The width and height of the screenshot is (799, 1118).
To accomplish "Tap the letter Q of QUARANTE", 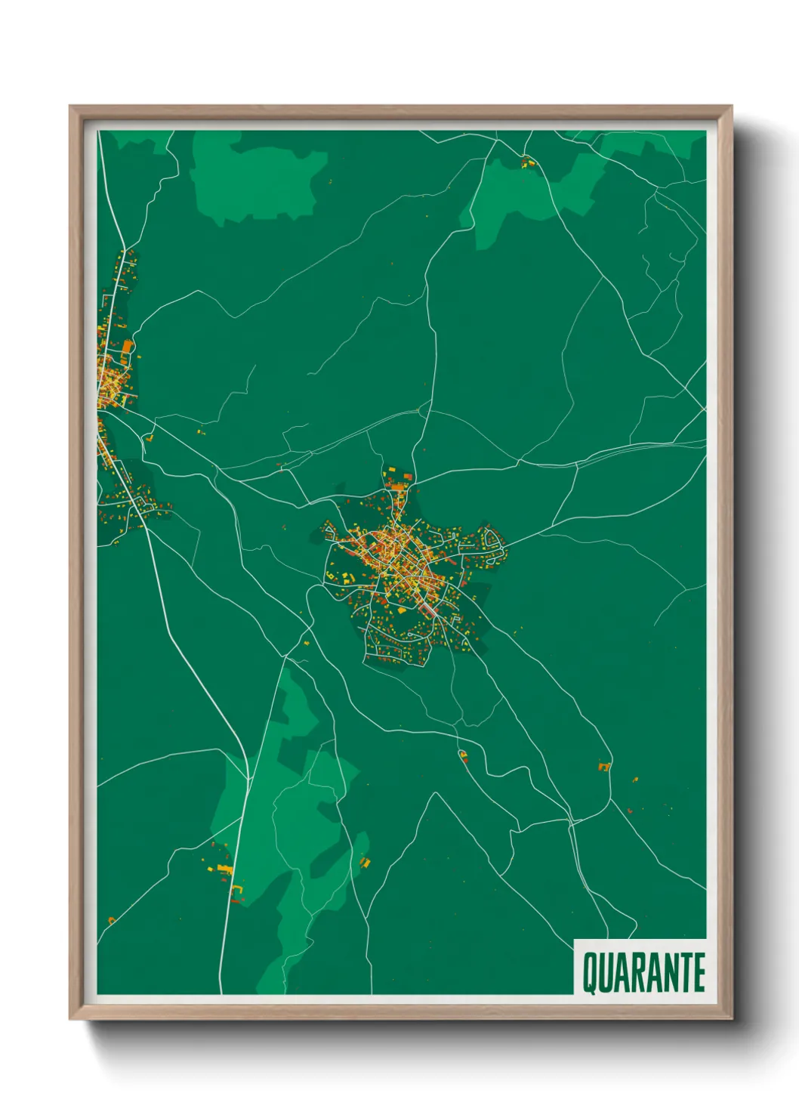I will click(x=588, y=973).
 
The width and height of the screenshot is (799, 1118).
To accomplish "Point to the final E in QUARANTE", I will click(x=699, y=973).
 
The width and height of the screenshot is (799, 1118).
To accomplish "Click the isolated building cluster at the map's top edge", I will click(x=528, y=161).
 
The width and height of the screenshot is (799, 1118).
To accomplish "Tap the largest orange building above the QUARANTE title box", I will click(x=603, y=767).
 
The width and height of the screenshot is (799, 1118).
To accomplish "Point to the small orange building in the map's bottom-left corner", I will click(x=111, y=920).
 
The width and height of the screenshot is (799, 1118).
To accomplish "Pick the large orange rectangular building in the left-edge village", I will click(x=128, y=347).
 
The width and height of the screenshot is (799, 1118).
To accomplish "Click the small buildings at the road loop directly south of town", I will click(x=462, y=754).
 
